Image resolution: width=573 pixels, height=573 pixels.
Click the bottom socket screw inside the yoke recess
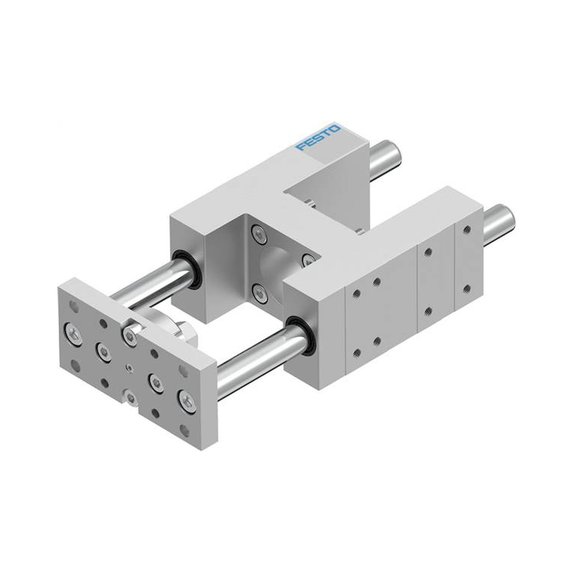[x=259, y=293]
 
